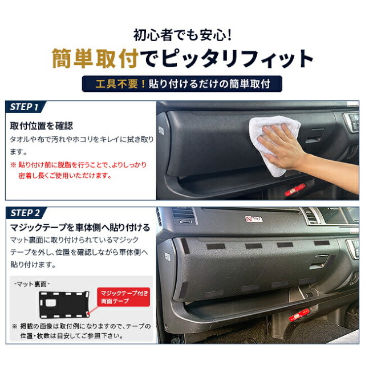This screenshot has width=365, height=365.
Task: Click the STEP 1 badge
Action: pyautogui.click(x=25, y=107)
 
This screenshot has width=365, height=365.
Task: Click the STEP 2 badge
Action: pyautogui.click(x=26, y=213)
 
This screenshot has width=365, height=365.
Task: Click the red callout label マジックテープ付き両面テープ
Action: pyautogui.click(x=123, y=297)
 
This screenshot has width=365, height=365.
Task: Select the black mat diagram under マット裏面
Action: pyautogui.click(x=64, y=304)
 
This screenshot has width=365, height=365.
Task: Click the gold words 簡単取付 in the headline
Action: pyautogui.click(x=95, y=58)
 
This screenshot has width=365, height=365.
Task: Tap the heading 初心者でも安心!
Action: pyautogui.click(x=182, y=35)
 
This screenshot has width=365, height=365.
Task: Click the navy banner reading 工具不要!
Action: pyautogui.click(x=182, y=84)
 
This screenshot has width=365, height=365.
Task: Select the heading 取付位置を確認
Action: pyautogui.click(x=42, y=126)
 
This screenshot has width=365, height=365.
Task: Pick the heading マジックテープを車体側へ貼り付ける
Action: pyautogui.click(x=80, y=228)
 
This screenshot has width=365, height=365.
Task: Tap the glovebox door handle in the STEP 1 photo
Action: pyautogui.click(x=315, y=136)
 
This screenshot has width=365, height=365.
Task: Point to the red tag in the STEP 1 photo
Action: pyautogui.click(x=295, y=189)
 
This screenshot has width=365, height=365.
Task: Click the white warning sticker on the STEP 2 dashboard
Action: pyautogui.click(x=254, y=219)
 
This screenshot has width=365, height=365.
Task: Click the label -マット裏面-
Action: pyautogui.click(x=32, y=284)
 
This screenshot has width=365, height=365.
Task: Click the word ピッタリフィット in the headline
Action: pyautogui.click(x=237, y=58)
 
